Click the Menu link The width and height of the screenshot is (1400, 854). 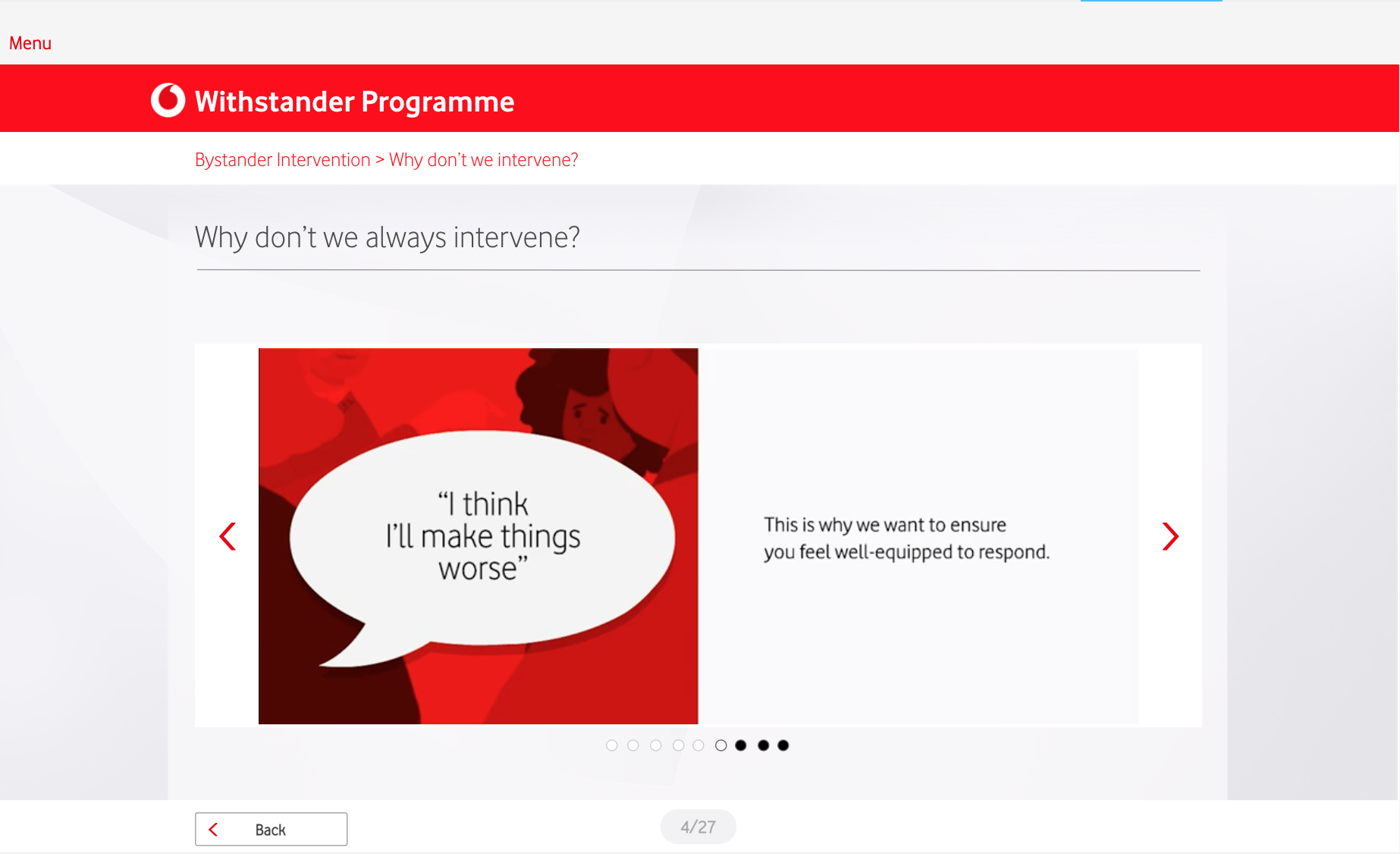[30, 43]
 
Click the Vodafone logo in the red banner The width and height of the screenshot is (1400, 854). [168, 100]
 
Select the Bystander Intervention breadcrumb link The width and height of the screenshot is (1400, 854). [282, 160]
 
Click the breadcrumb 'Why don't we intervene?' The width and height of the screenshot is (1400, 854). [484, 160]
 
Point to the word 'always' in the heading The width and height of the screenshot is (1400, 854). [406, 238]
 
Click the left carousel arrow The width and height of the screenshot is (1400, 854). [228, 536]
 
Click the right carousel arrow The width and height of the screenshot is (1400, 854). [1170, 536]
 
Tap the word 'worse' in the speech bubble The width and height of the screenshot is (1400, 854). [478, 569]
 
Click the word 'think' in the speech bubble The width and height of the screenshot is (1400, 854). [495, 504]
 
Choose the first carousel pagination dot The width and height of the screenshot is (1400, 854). [612, 746]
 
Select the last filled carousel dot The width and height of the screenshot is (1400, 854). [783, 746]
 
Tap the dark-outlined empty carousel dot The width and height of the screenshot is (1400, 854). [721, 746]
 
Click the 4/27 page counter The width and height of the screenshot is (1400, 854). [698, 827]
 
